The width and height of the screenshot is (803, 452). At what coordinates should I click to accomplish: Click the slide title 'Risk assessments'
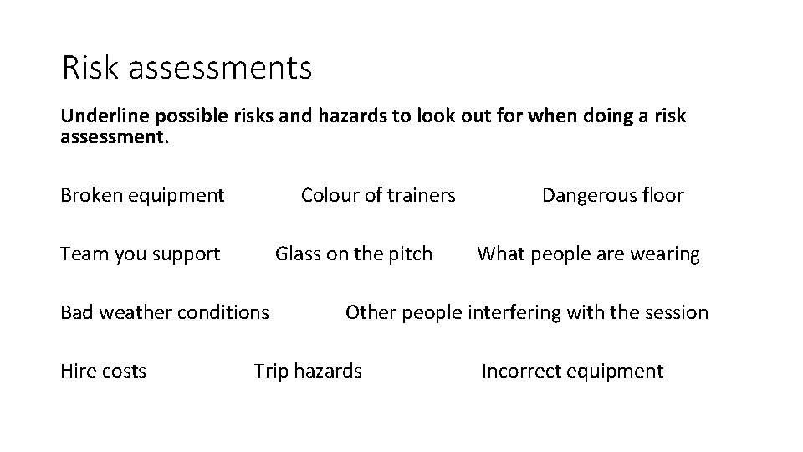[x=187, y=68]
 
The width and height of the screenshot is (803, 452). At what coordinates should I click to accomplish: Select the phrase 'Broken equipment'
[x=142, y=196]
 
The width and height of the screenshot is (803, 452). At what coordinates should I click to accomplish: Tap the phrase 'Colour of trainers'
[x=378, y=196]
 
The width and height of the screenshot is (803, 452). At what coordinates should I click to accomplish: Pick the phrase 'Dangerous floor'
[x=612, y=196]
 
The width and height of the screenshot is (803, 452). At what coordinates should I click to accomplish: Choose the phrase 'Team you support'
[x=141, y=254]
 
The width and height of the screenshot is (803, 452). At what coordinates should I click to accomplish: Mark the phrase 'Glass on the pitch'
[x=354, y=254]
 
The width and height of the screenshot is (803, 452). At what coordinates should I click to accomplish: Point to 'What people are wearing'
[x=588, y=254]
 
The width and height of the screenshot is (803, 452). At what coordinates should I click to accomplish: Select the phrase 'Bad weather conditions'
[x=165, y=313]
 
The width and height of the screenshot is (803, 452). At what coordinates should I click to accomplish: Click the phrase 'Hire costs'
[x=103, y=371]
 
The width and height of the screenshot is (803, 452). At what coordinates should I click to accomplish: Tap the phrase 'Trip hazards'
[x=308, y=371]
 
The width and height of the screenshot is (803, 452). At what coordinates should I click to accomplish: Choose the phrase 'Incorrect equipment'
[x=572, y=371]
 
